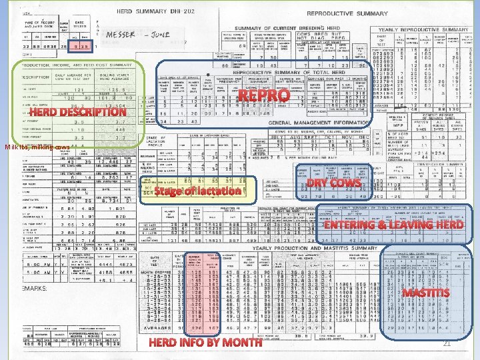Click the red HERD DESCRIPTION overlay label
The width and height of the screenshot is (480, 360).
pyautogui.click(x=77, y=113)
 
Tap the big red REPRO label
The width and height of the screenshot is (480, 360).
pyautogui.click(x=264, y=97)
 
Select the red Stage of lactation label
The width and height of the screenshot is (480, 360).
pyautogui.click(x=197, y=191)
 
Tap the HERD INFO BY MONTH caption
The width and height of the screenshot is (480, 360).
pyautogui.click(x=205, y=343)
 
